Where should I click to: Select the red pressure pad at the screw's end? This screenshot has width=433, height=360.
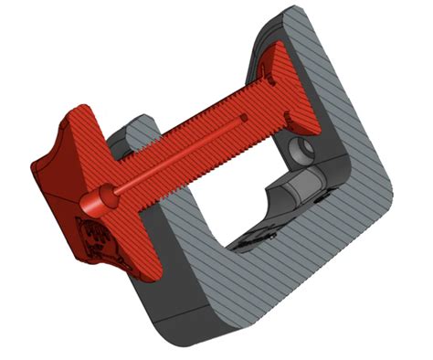click(280, 87)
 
